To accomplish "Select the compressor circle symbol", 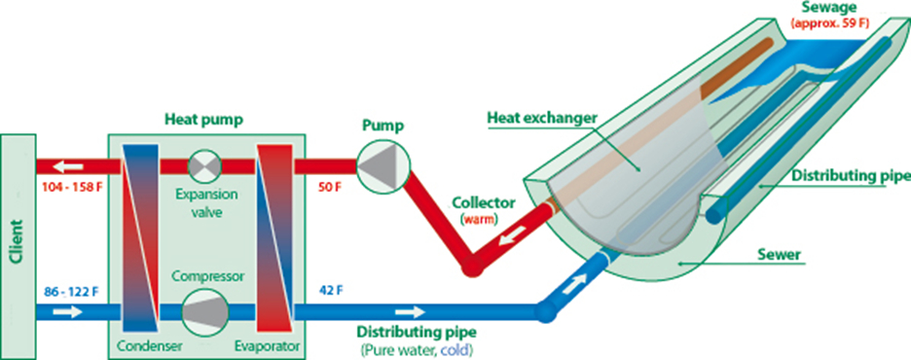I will [205, 312].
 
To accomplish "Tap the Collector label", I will [483, 202].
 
